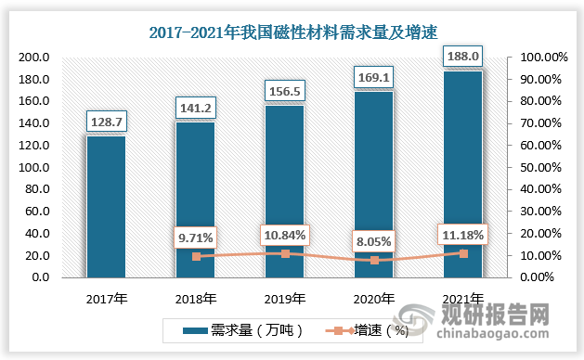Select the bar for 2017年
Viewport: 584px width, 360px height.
point(106,206)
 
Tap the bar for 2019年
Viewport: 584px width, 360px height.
point(284,190)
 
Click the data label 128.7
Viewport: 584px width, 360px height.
point(106,122)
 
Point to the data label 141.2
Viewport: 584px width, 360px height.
point(195,108)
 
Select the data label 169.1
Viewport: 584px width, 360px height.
point(373,77)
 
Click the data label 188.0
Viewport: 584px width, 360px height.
point(462,57)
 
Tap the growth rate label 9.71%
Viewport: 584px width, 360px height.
point(195,238)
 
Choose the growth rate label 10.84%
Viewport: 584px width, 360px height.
point(284,236)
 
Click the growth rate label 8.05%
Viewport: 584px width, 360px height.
point(373,242)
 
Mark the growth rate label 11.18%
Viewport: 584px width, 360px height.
point(462,236)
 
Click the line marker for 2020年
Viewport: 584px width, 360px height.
point(373,260)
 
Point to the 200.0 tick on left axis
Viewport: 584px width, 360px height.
point(33,57)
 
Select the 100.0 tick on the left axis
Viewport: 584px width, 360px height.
point(33,167)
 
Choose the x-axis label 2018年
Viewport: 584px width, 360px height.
point(195,298)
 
